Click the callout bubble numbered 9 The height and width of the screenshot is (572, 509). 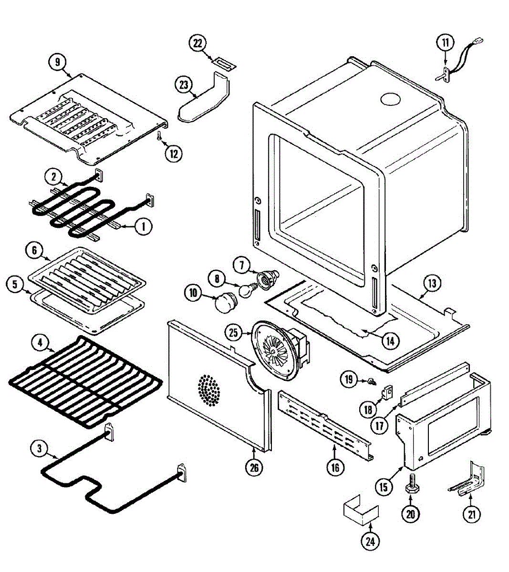tap(57, 61)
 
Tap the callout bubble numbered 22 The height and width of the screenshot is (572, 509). tap(197, 43)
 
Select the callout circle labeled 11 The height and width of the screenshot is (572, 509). tap(445, 42)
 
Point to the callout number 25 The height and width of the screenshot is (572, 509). tap(233, 333)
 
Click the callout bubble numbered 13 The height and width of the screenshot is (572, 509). tap(431, 284)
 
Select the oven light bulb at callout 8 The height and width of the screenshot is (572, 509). tap(246, 290)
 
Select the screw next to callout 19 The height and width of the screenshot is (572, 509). tap(371, 381)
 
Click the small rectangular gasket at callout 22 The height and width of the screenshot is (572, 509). tap(224, 63)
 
